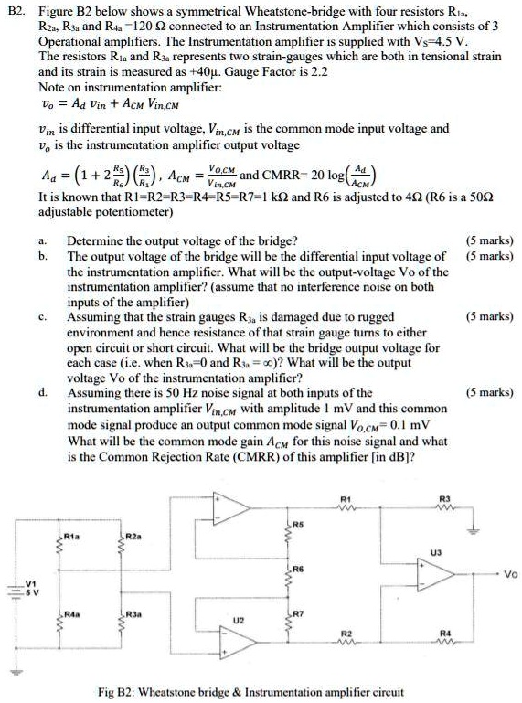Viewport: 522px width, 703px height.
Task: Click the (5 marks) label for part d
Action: tap(490, 391)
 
